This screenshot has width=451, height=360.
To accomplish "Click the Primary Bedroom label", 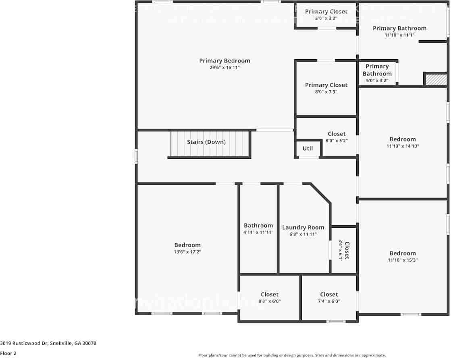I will (x=224, y=61).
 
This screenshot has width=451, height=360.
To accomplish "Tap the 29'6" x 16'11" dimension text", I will (x=224, y=68).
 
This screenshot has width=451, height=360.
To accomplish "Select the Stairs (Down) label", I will (x=206, y=142).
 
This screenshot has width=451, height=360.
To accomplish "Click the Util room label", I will (x=308, y=148).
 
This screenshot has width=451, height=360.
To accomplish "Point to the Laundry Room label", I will (x=303, y=227).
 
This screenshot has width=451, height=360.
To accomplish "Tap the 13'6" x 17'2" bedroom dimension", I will (x=187, y=252).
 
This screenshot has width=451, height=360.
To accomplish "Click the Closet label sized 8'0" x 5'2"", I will (x=336, y=134).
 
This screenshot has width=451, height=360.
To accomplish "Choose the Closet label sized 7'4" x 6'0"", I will (x=329, y=294).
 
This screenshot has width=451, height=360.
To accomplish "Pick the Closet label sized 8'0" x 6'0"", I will (x=269, y=294).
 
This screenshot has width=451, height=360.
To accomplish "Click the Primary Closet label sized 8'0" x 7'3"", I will (x=326, y=85).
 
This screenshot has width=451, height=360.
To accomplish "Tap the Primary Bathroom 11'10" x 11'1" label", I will (x=399, y=28).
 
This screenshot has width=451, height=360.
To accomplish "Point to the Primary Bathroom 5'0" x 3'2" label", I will (x=377, y=70).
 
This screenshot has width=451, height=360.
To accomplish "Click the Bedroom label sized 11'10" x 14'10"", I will (x=402, y=139).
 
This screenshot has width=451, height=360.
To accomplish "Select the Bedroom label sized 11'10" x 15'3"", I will (x=402, y=253).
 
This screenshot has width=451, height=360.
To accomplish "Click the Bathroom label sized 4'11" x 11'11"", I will (x=258, y=225).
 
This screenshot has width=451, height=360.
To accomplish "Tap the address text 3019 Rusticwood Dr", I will (x=48, y=343).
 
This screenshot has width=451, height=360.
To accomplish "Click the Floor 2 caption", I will (x=8, y=353).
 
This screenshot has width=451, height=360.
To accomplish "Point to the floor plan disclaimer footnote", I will (x=292, y=355).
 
